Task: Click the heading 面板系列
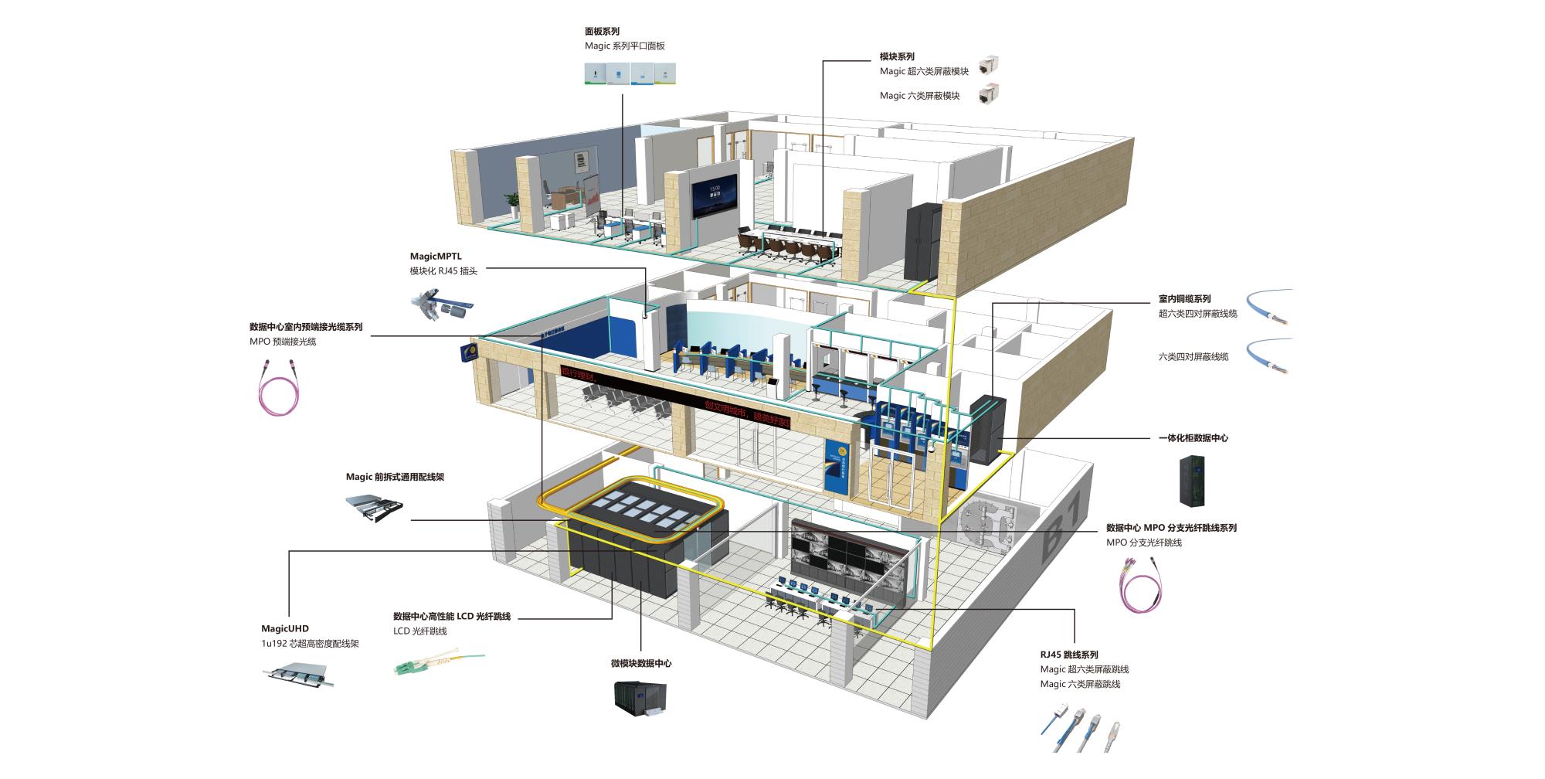click(602, 32)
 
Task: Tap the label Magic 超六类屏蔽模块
click(924, 71)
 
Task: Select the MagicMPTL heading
click(436, 256)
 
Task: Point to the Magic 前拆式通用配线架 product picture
click(374, 508)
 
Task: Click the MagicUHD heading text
click(284, 629)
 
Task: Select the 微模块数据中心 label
click(641, 663)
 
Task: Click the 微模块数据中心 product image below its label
click(638, 698)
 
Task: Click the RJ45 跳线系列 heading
click(1068, 655)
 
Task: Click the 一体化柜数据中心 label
click(1194, 438)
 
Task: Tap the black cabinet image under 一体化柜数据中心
click(1192, 480)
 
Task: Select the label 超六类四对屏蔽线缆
click(1197, 314)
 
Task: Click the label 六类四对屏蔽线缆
click(1194, 357)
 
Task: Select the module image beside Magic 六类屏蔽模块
click(988, 96)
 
